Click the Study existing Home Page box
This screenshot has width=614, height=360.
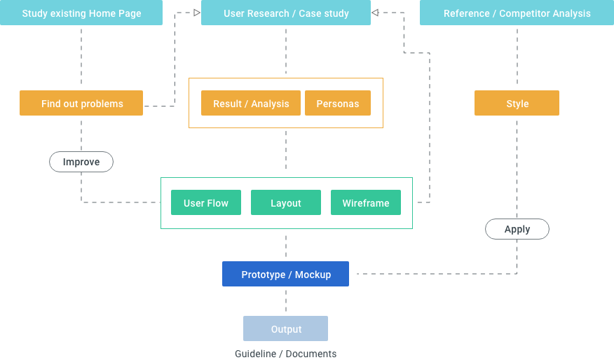click(x=81, y=13)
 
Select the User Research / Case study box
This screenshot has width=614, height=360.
click(x=286, y=13)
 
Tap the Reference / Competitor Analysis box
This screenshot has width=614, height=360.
click(x=517, y=13)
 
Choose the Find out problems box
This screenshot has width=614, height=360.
click(x=81, y=103)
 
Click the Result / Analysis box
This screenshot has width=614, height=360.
click(x=251, y=103)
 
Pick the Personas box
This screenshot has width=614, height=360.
click(x=338, y=103)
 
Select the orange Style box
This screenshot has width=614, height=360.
click(x=517, y=103)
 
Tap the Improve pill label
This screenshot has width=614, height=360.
click(x=81, y=162)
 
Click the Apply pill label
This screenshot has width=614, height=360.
click(x=517, y=229)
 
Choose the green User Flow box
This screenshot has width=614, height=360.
click(x=206, y=202)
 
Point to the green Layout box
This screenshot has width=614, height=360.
click(x=286, y=202)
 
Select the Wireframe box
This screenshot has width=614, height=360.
click(x=366, y=202)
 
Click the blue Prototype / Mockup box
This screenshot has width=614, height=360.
click(x=285, y=274)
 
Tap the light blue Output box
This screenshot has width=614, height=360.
click(x=285, y=328)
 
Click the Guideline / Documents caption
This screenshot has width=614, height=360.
click(x=285, y=354)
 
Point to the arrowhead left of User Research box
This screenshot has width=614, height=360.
click(x=197, y=13)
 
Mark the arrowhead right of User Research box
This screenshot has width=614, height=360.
click(x=375, y=13)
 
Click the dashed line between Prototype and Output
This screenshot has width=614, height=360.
click(x=286, y=301)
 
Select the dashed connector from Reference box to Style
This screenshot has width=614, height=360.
click(x=517, y=56)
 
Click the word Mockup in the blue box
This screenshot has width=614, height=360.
click(x=313, y=275)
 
